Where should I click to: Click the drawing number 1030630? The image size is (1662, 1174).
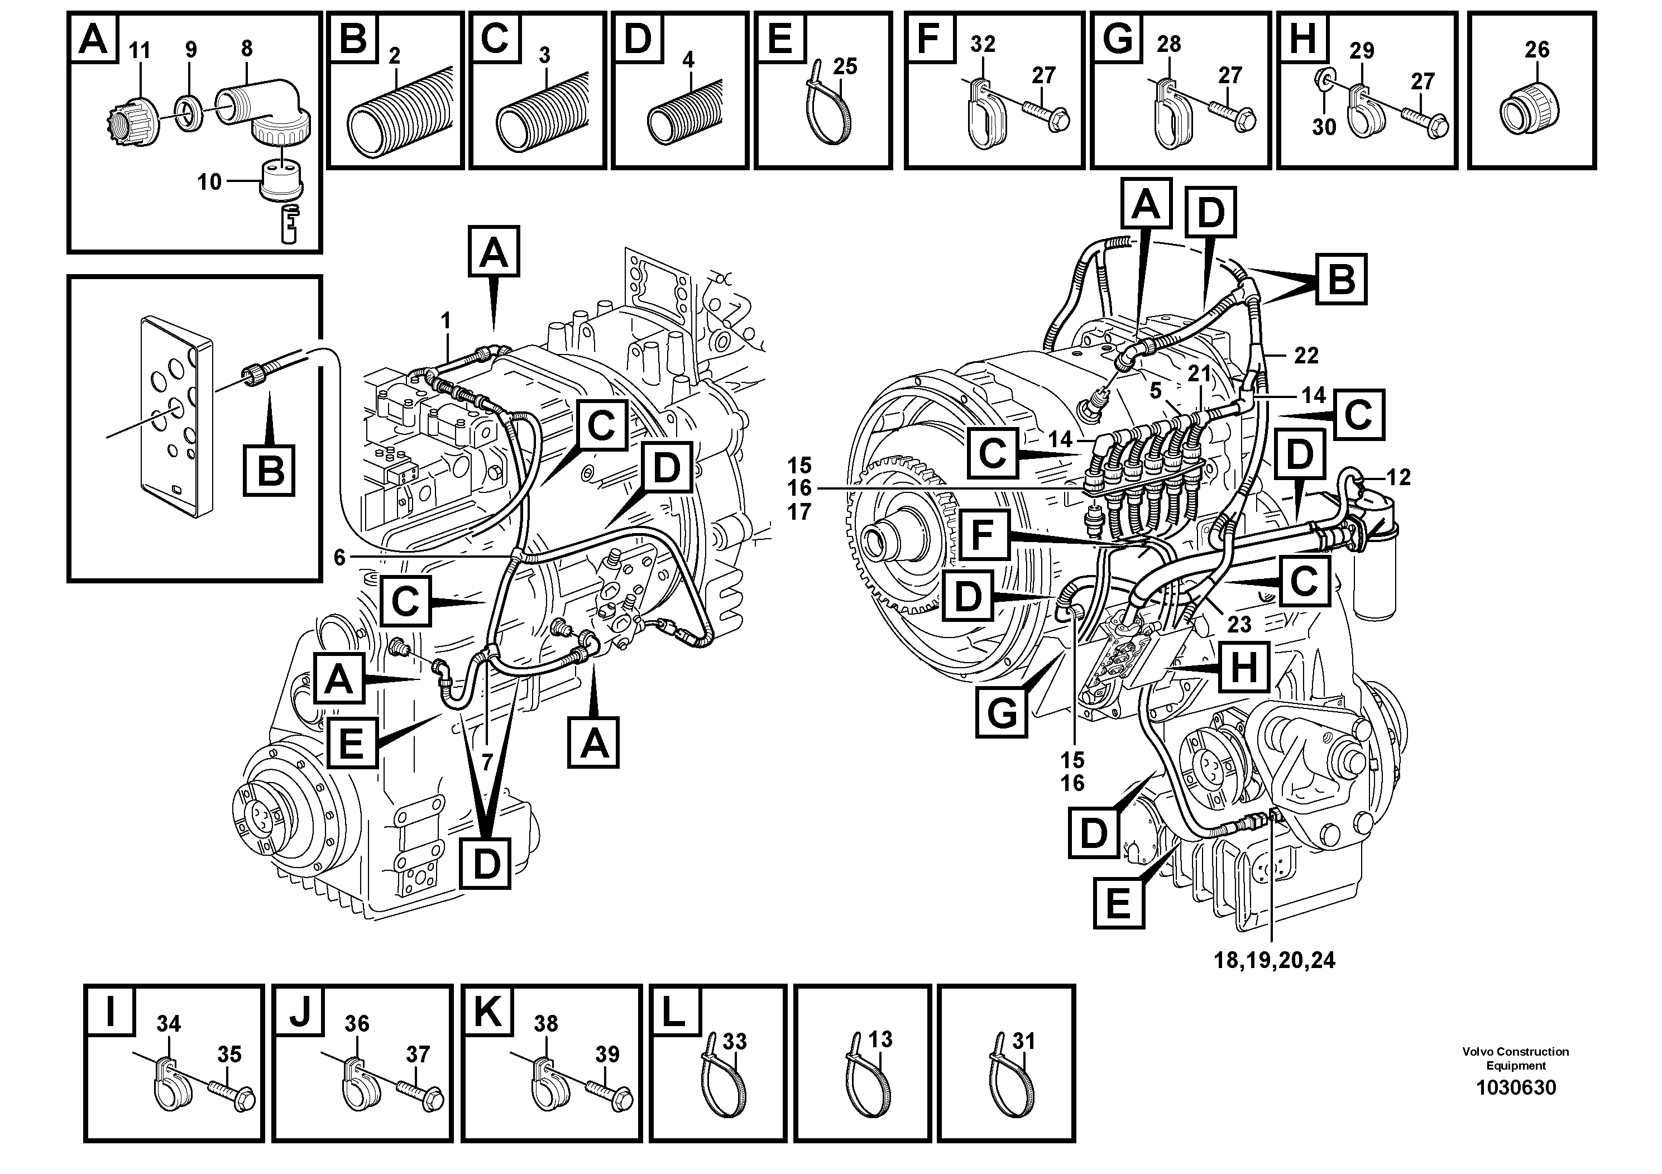point(1515,1088)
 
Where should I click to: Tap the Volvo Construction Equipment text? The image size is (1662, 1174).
point(1515,1058)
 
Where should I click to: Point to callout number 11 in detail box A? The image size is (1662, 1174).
point(139,51)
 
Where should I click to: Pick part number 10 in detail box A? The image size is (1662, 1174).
point(209,181)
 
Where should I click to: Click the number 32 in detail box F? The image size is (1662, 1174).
point(982,45)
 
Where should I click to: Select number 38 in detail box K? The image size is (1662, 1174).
point(546,1023)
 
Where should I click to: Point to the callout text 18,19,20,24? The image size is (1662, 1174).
point(1274,961)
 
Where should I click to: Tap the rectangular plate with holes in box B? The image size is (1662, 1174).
point(175,417)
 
